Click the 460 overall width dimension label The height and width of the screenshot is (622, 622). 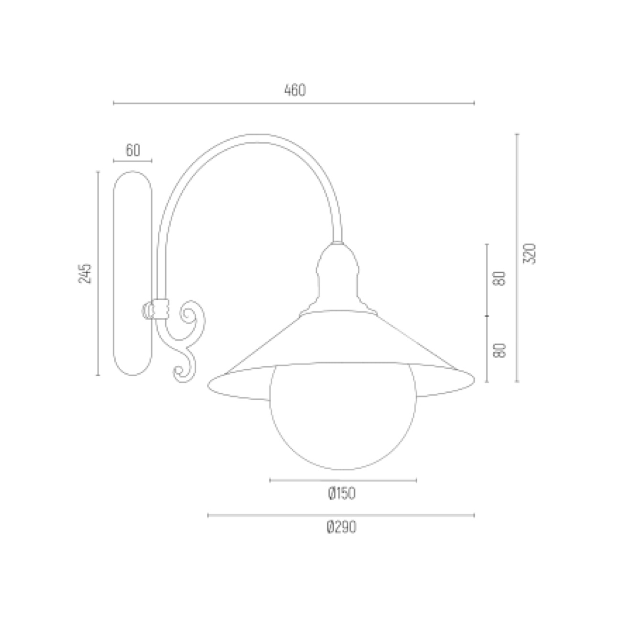click(295, 90)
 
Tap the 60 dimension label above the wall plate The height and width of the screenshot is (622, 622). click(133, 150)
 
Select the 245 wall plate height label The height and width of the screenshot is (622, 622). click(85, 273)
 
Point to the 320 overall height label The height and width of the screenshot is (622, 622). click(529, 254)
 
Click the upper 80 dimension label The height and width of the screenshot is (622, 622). click(500, 278)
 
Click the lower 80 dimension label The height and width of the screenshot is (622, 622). click(500, 351)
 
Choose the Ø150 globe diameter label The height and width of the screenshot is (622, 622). click(342, 502)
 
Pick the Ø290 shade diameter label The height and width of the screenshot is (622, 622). click(341, 536)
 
